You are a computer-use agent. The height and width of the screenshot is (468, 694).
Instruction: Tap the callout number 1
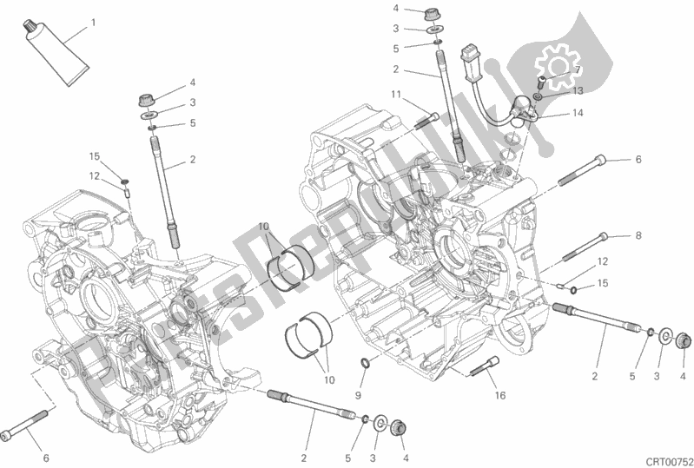[93, 22]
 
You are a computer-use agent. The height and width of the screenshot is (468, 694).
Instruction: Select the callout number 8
[637, 234]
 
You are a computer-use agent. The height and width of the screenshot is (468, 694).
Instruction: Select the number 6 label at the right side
[637, 160]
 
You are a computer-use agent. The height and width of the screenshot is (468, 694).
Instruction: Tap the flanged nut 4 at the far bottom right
[682, 339]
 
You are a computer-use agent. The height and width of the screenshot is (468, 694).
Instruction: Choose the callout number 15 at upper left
[95, 156]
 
